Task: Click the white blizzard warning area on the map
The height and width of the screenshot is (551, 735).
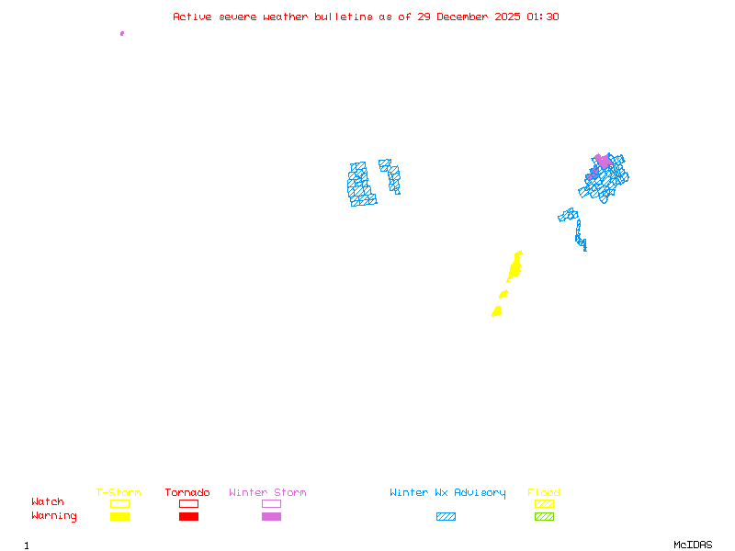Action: coord(378,181)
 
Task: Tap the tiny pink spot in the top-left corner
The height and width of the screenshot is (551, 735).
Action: coord(122,33)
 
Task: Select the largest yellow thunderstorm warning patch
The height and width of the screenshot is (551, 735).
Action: coord(514,267)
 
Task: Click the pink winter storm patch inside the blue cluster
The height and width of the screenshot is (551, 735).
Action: coord(603,162)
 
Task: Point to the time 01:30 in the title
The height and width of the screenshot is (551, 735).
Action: coord(543,17)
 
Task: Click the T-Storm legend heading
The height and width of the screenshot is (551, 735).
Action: coord(119,493)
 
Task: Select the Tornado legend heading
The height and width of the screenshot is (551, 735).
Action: coord(187,493)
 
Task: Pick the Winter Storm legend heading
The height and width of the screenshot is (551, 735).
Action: coord(267,493)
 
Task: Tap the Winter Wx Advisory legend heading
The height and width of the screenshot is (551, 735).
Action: coord(447,493)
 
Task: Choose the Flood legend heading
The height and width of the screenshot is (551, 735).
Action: coord(544,493)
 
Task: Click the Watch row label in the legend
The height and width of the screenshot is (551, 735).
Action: coord(48,502)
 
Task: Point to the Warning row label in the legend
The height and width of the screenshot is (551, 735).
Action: coord(54,516)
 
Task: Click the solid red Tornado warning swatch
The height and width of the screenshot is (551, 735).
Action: coord(188,517)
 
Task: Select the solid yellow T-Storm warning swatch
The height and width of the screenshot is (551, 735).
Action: coord(119,517)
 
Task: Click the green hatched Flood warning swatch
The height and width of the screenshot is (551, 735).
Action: coord(544,517)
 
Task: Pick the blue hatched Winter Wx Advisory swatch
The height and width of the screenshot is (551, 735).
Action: coord(446,517)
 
